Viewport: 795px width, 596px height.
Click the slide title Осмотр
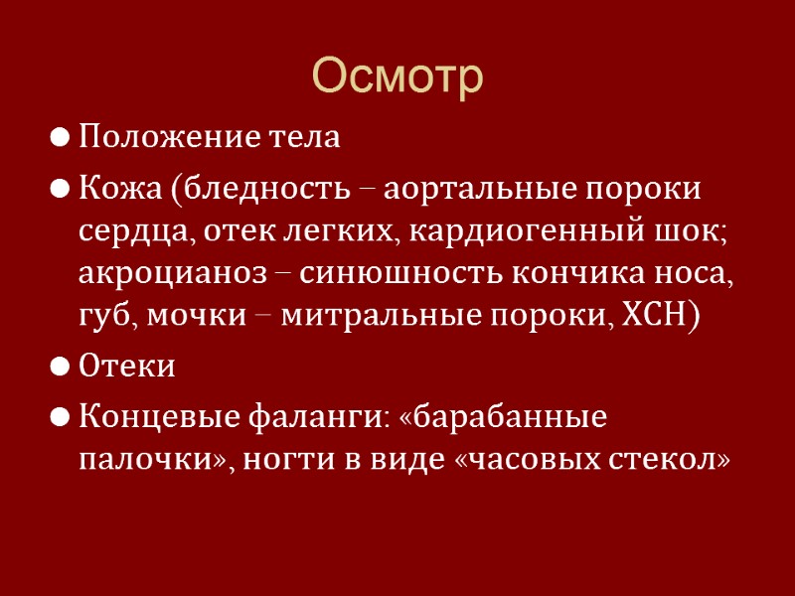tap(397, 76)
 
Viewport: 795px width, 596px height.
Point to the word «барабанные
tap(506, 416)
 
